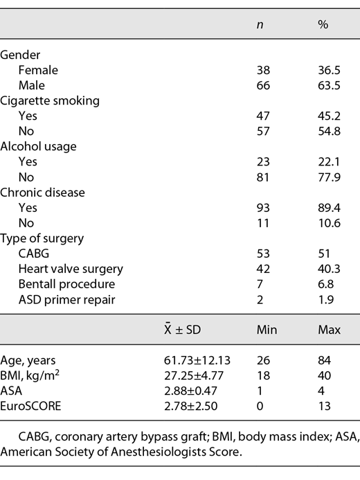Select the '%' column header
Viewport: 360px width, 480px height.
(322, 24)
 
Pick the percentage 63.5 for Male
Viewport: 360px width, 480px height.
(327, 85)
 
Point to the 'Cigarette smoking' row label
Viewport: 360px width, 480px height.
(50, 100)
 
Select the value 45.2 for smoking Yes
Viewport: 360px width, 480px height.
(327, 116)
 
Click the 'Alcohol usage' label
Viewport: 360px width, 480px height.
(38, 146)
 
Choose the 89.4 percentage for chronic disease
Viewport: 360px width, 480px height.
(327, 207)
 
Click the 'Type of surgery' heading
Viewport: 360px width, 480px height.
(42, 238)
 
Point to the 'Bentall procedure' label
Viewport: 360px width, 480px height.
(67, 283)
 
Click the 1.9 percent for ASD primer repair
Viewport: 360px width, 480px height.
(324, 299)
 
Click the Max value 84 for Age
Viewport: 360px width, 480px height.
(323, 360)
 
